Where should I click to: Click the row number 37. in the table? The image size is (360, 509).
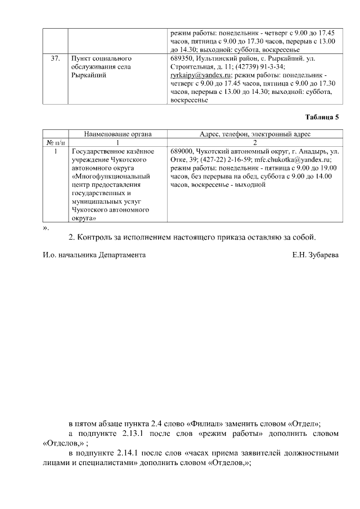coord(56,58)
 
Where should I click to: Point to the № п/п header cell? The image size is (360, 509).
coord(55,143)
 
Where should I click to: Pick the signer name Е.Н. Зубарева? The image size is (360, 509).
coord(316,255)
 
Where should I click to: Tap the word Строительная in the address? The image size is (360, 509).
coord(193,66)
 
